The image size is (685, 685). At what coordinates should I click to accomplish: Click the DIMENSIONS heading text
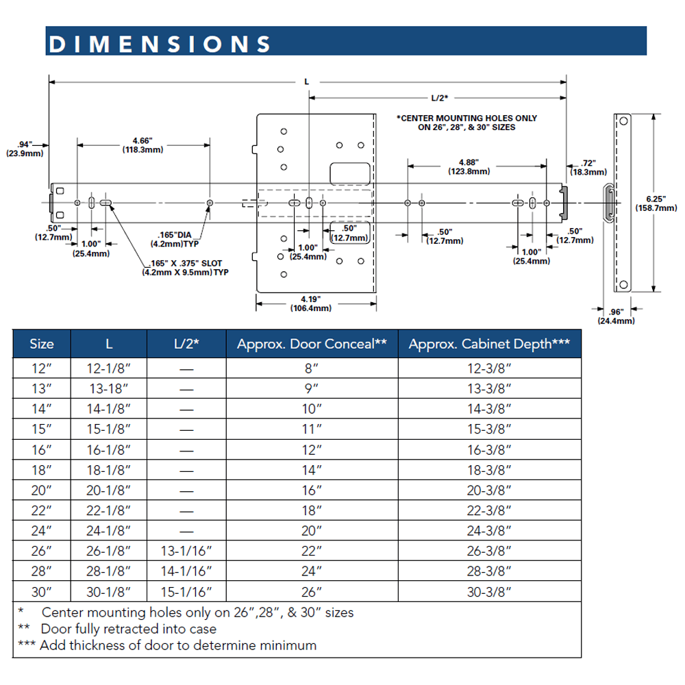click(x=159, y=43)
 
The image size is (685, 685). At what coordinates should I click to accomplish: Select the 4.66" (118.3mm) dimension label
click(x=143, y=145)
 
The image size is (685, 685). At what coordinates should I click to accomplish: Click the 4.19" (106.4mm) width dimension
click(x=312, y=303)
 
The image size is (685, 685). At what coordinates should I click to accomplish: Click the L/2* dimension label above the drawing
click(x=440, y=98)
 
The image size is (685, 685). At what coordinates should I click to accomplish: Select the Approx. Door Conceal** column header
click(x=312, y=345)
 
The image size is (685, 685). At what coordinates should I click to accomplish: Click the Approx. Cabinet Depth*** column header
click(x=489, y=345)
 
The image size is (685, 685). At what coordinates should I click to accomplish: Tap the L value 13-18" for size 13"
click(x=109, y=388)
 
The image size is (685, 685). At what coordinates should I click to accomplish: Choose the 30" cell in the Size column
click(x=41, y=590)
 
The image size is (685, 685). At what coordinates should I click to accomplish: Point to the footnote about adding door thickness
click(x=178, y=645)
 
